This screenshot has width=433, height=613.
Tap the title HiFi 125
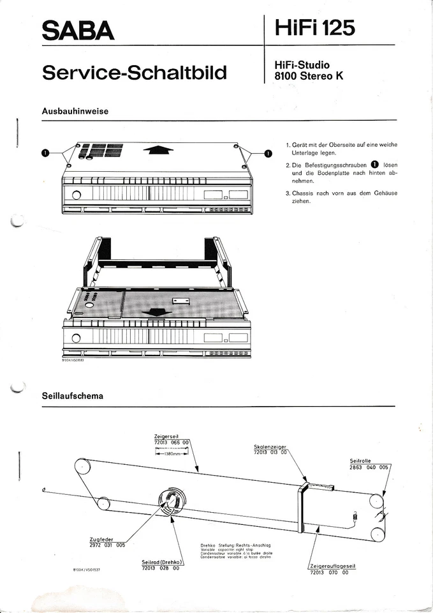pyautogui.click(x=315, y=28)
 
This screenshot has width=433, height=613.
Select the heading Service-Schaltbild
pyautogui.click(x=134, y=72)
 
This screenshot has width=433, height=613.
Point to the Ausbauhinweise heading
pyautogui.click(x=75, y=111)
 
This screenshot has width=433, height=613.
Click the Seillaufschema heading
pyautogui.click(x=72, y=396)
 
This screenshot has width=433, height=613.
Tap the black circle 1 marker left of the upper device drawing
pyautogui.click(x=45, y=153)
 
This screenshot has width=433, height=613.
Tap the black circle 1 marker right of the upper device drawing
pyautogui.click(x=267, y=153)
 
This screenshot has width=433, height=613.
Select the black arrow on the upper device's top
pyautogui.click(x=158, y=149)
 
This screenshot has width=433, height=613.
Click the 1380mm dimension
pyautogui.click(x=172, y=455)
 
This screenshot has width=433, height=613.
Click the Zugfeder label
pyautogui.click(x=103, y=540)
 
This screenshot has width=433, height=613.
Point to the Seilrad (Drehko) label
pyautogui.click(x=163, y=562)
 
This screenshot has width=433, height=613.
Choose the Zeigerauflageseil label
pyautogui.click(x=333, y=567)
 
